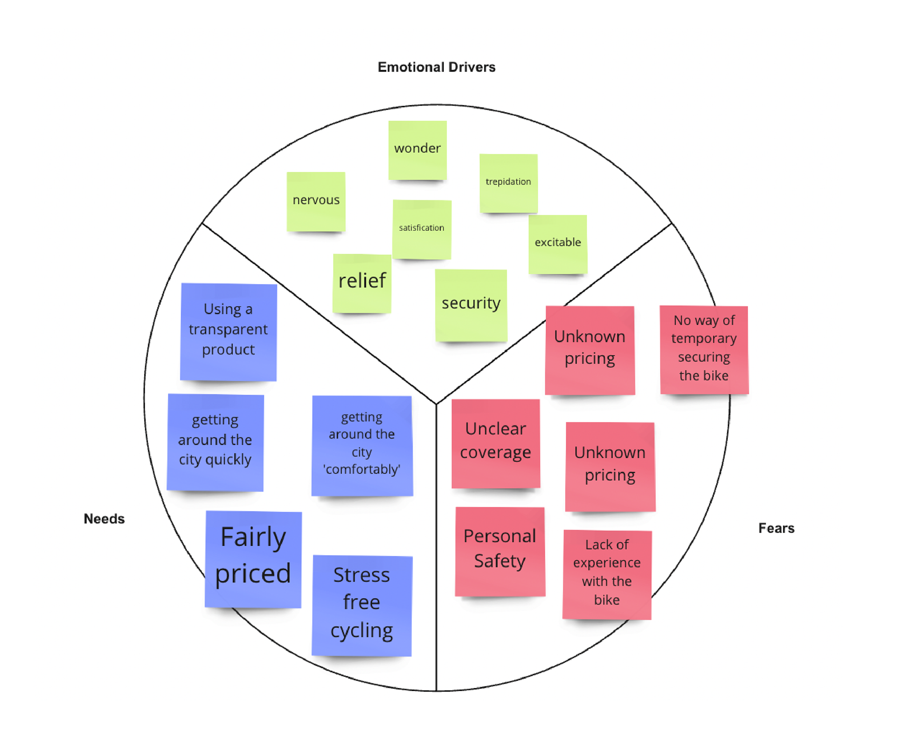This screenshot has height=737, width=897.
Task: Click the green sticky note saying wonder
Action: point(417,150)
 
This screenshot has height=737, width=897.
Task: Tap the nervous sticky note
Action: point(316,201)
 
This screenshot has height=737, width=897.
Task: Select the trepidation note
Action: point(508,183)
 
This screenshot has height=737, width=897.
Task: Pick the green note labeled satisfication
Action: point(421,229)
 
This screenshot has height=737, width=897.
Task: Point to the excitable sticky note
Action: point(558,244)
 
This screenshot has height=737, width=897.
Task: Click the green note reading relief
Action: point(362,283)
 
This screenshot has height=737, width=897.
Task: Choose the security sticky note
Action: point(471,305)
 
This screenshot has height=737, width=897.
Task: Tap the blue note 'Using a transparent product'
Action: point(228,332)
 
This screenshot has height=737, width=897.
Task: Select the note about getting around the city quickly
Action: point(215,442)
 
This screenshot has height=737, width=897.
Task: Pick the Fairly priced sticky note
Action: point(253,559)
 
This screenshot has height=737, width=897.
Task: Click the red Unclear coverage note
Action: point(496,443)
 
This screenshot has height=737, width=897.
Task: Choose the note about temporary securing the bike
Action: point(704,349)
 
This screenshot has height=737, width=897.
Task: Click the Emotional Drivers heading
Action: point(436,67)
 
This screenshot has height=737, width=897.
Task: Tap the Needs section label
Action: point(104,519)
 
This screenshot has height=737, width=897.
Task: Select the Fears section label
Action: point(776,528)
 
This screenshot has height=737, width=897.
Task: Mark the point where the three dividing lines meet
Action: point(436,404)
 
